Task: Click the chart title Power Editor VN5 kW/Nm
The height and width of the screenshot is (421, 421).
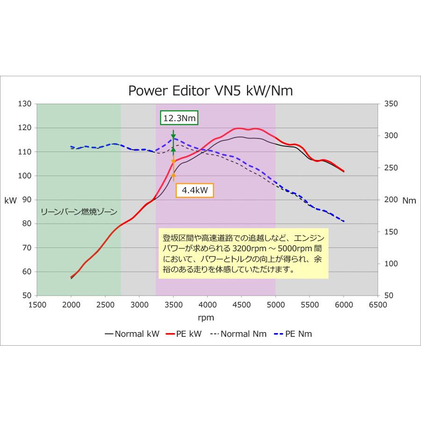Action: [x=210, y=90]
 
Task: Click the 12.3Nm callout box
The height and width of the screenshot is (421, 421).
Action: [x=179, y=118]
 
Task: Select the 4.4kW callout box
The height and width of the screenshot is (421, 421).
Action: [x=195, y=190]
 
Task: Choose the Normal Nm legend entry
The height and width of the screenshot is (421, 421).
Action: [x=239, y=334]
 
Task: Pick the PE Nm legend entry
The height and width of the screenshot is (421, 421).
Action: [x=294, y=334]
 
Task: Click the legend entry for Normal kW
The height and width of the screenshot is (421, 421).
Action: [x=132, y=334]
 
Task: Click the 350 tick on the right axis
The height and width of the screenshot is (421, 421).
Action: [x=391, y=104]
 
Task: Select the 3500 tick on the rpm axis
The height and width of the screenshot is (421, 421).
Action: [x=173, y=305]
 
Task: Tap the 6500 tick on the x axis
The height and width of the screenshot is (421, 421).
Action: [x=377, y=305]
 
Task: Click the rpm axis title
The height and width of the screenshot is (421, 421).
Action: [x=206, y=318]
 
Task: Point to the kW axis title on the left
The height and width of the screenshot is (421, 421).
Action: [x=10, y=200]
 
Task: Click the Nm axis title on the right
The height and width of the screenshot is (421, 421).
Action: [x=409, y=200]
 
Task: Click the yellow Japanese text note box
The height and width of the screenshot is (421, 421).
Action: [x=244, y=253]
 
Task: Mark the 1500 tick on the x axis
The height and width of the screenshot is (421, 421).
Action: [x=37, y=305]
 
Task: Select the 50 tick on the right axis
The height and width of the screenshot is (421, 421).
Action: [x=388, y=296]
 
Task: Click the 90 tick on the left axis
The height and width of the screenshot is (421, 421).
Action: [x=26, y=200]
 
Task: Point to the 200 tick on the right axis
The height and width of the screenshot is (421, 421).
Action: [x=391, y=200]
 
